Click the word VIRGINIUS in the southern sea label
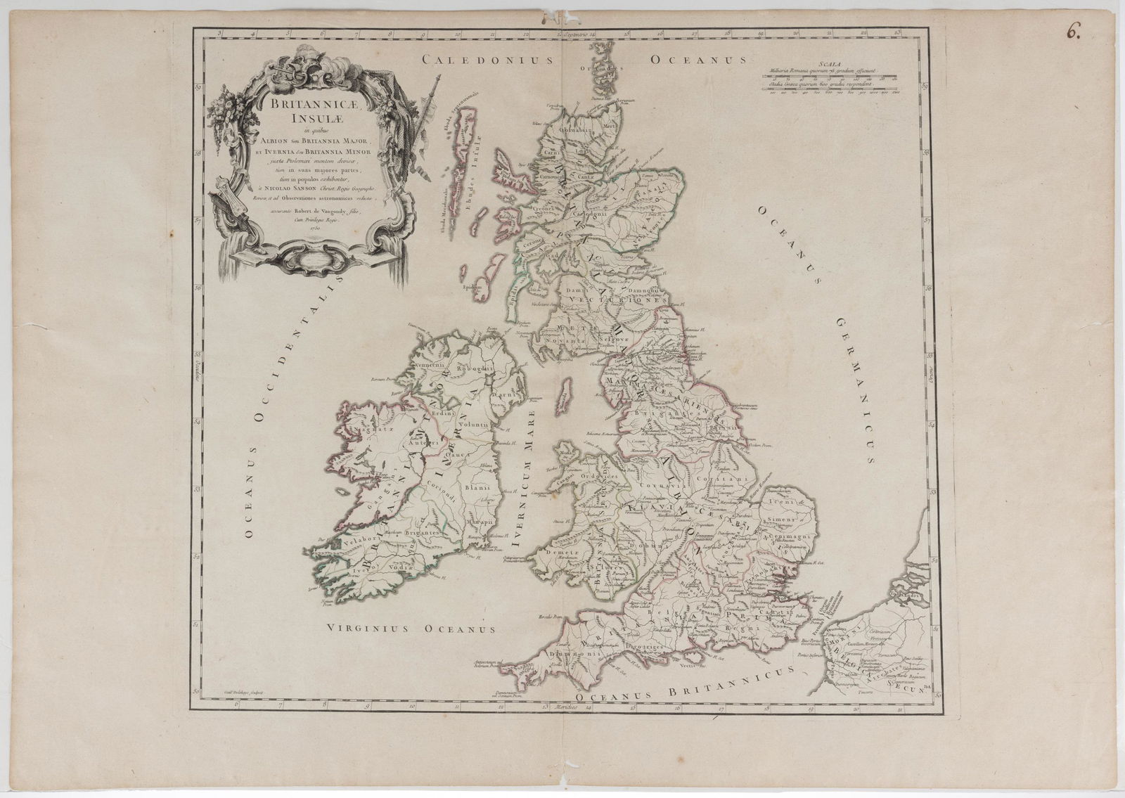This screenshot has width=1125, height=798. (x=369, y=629)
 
